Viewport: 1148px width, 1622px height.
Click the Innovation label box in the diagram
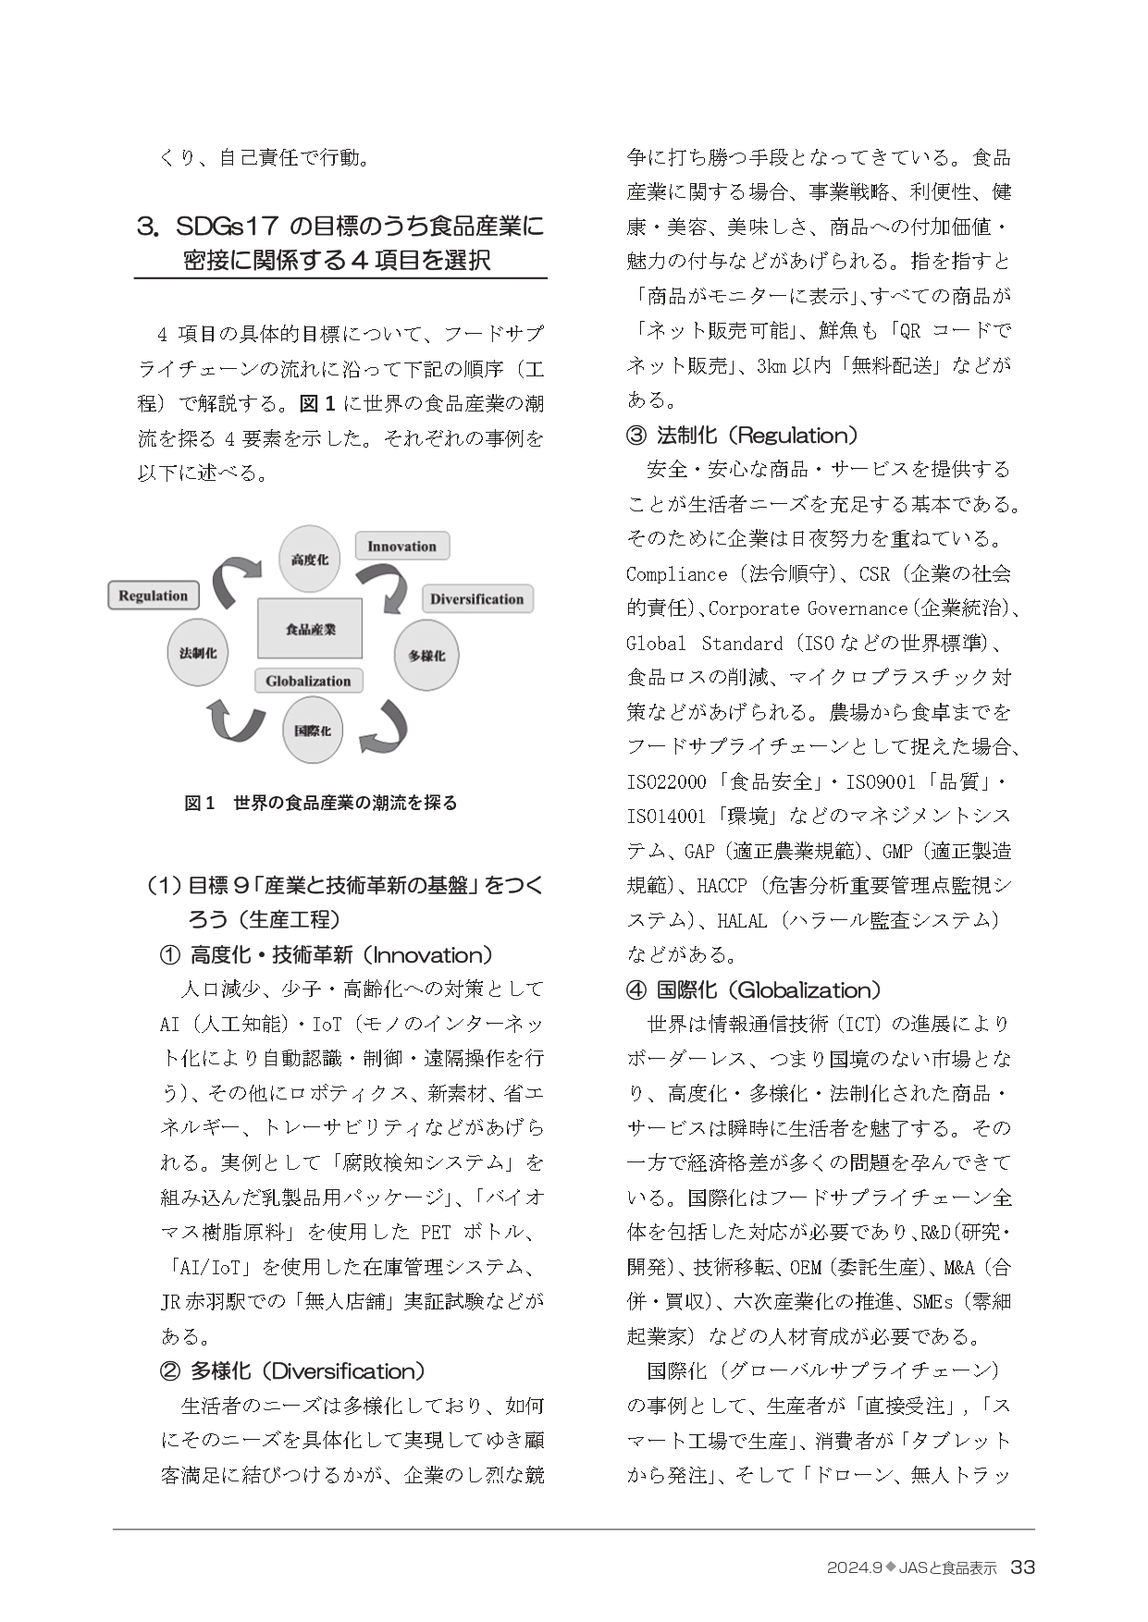(401, 547)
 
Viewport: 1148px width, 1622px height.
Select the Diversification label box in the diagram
(476, 599)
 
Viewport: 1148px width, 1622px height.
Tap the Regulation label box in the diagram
(154, 596)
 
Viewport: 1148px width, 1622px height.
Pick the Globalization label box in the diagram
(308, 682)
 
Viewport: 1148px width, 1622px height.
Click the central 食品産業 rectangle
(310, 629)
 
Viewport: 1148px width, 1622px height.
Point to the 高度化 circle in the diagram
(309, 559)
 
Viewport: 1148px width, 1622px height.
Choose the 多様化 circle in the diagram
(426, 656)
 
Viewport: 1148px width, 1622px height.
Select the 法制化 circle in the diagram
(197, 653)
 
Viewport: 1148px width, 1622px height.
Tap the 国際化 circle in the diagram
(312, 731)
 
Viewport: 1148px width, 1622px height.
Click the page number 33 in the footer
(1022, 1567)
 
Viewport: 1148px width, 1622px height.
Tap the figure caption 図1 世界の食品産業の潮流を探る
(320, 803)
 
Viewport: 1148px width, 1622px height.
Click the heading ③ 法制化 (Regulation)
(742, 435)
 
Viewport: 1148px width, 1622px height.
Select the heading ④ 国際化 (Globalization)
(753, 989)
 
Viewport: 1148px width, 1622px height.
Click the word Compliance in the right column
(676, 574)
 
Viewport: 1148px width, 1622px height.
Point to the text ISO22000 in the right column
(666, 782)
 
